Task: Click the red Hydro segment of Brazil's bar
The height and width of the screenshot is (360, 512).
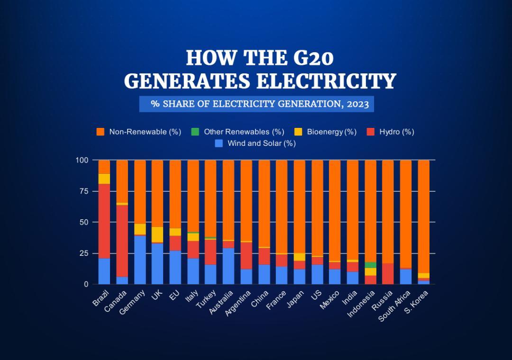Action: pos(104,221)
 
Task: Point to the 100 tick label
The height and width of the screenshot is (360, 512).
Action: pos(82,160)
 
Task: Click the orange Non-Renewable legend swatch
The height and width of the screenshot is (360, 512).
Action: pos(100,132)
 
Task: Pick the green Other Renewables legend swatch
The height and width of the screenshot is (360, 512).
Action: pos(194,132)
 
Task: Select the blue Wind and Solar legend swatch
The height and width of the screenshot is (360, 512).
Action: pos(219,143)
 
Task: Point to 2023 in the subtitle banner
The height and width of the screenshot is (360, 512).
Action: pos(357,104)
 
